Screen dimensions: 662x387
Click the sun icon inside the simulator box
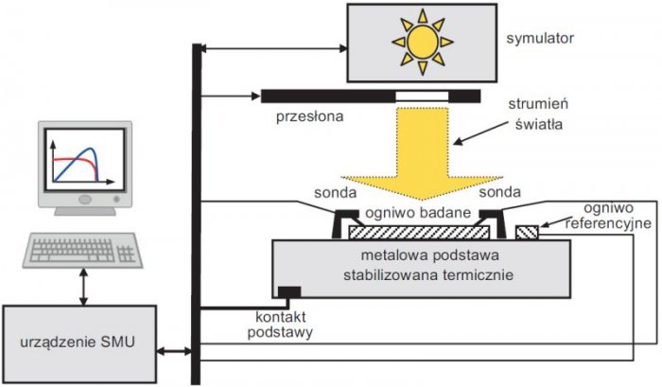(x=422, y=42)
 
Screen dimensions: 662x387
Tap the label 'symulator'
(x=540, y=39)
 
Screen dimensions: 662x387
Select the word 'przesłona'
(x=310, y=116)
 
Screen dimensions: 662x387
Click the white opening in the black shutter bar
(x=422, y=97)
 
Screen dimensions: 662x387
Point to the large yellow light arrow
(x=422, y=156)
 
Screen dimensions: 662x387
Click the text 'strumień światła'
(x=538, y=114)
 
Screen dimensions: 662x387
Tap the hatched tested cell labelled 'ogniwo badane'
(x=419, y=233)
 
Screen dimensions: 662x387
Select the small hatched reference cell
(x=527, y=233)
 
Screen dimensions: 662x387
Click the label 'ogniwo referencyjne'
(x=608, y=216)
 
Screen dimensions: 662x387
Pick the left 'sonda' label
(x=335, y=193)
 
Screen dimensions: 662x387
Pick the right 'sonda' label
(x=500, y=192)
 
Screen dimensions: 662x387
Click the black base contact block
(x=289, y=292)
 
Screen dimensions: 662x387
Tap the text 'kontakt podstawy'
(x=280, y=325)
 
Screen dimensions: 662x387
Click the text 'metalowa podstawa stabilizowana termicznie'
(x=428, y=265)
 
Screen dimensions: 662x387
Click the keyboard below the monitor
(x=83, y=250)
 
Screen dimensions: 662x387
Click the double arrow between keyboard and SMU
(x=83, y=287)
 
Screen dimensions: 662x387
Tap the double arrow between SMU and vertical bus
(x=174, y=351)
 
